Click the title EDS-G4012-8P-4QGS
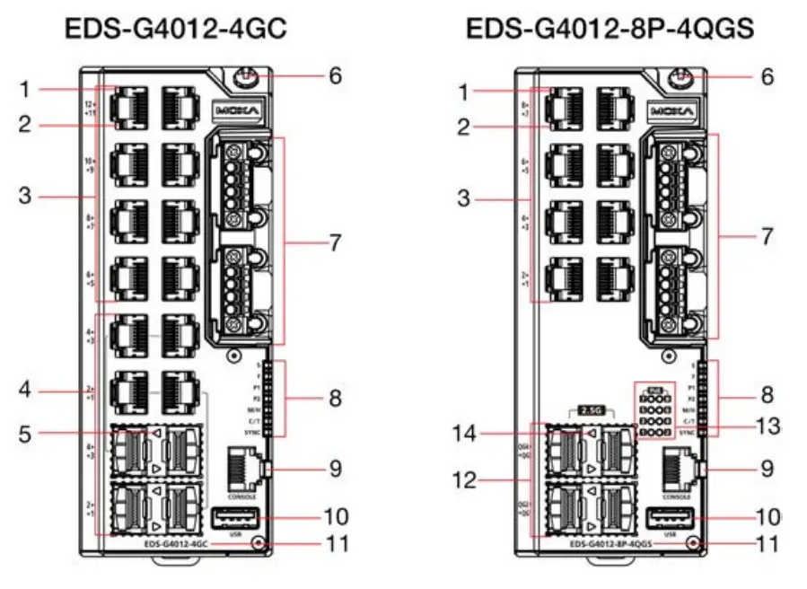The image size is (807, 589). (x=610, y=29)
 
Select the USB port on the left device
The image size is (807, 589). (x=236, y=518)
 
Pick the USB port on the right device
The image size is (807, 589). (x=671, y=518)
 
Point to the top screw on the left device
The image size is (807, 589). (x=241, y=78)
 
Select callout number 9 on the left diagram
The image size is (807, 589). (x=334, y=468)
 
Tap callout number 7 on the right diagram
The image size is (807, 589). (x=766, y=237)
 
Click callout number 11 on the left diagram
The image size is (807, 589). (x=333, y=544)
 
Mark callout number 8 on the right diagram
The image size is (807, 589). (x=766, y=395)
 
